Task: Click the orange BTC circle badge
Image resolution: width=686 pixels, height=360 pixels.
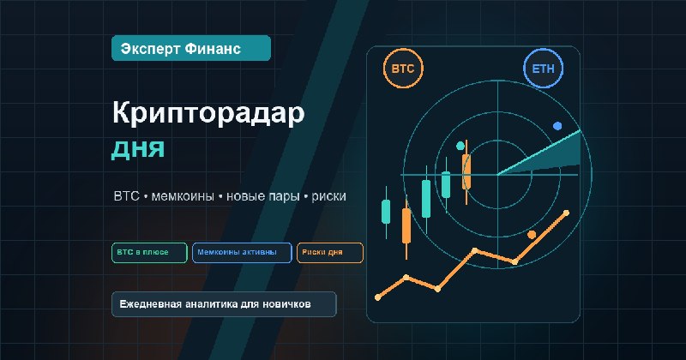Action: coord(403,69)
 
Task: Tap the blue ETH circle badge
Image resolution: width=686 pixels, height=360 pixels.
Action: coord(543,69)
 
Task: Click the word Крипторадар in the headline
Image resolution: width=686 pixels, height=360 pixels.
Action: coord(208,113)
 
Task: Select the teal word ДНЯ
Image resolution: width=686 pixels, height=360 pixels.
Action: coord(138,149)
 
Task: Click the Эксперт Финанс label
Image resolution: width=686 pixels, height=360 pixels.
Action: coord(191,48)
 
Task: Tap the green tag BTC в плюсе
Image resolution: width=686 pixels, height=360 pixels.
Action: coord(149,252)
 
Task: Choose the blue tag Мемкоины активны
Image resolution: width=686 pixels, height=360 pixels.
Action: coord(242,252)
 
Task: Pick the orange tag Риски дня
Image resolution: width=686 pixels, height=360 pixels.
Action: coord(330,252)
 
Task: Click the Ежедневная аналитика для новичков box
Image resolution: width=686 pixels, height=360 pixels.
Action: coord(224,304)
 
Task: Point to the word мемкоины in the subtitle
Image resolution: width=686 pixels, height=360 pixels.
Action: coord(183,196)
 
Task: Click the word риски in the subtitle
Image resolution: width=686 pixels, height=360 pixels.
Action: coord(328,196)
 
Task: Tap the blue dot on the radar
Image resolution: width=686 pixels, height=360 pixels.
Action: coord(557,126)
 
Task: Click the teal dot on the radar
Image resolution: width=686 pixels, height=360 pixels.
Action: coord(460,146)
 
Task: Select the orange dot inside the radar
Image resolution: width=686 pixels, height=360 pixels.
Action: coord(532,235)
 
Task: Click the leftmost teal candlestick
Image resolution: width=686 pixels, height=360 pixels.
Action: coord(386,213)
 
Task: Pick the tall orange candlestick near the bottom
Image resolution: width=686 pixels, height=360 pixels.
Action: coord(406,226)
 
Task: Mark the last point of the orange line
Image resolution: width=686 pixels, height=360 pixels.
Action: coord(567,213)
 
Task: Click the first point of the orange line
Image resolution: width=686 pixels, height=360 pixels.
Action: coord(378,297)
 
